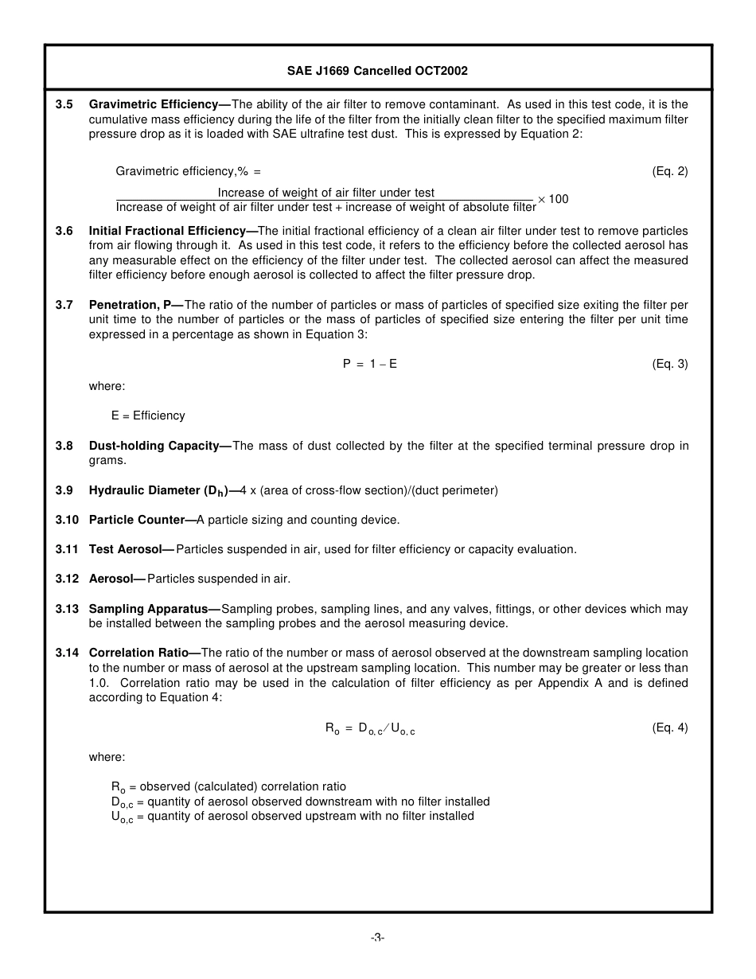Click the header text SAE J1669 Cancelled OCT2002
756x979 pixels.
click(377, 71)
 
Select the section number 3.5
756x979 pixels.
click(64, 104)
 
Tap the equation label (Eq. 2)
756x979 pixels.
click(669, 171)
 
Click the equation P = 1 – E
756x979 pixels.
click(370, 364)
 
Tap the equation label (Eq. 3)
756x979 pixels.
click(669, 364)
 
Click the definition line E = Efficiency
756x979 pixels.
click(148, 415)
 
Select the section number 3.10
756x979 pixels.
click(67, 520)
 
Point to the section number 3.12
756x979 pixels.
click(67, 579)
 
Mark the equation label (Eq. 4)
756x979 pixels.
click(669, 727)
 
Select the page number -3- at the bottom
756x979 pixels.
click(377, 938)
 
